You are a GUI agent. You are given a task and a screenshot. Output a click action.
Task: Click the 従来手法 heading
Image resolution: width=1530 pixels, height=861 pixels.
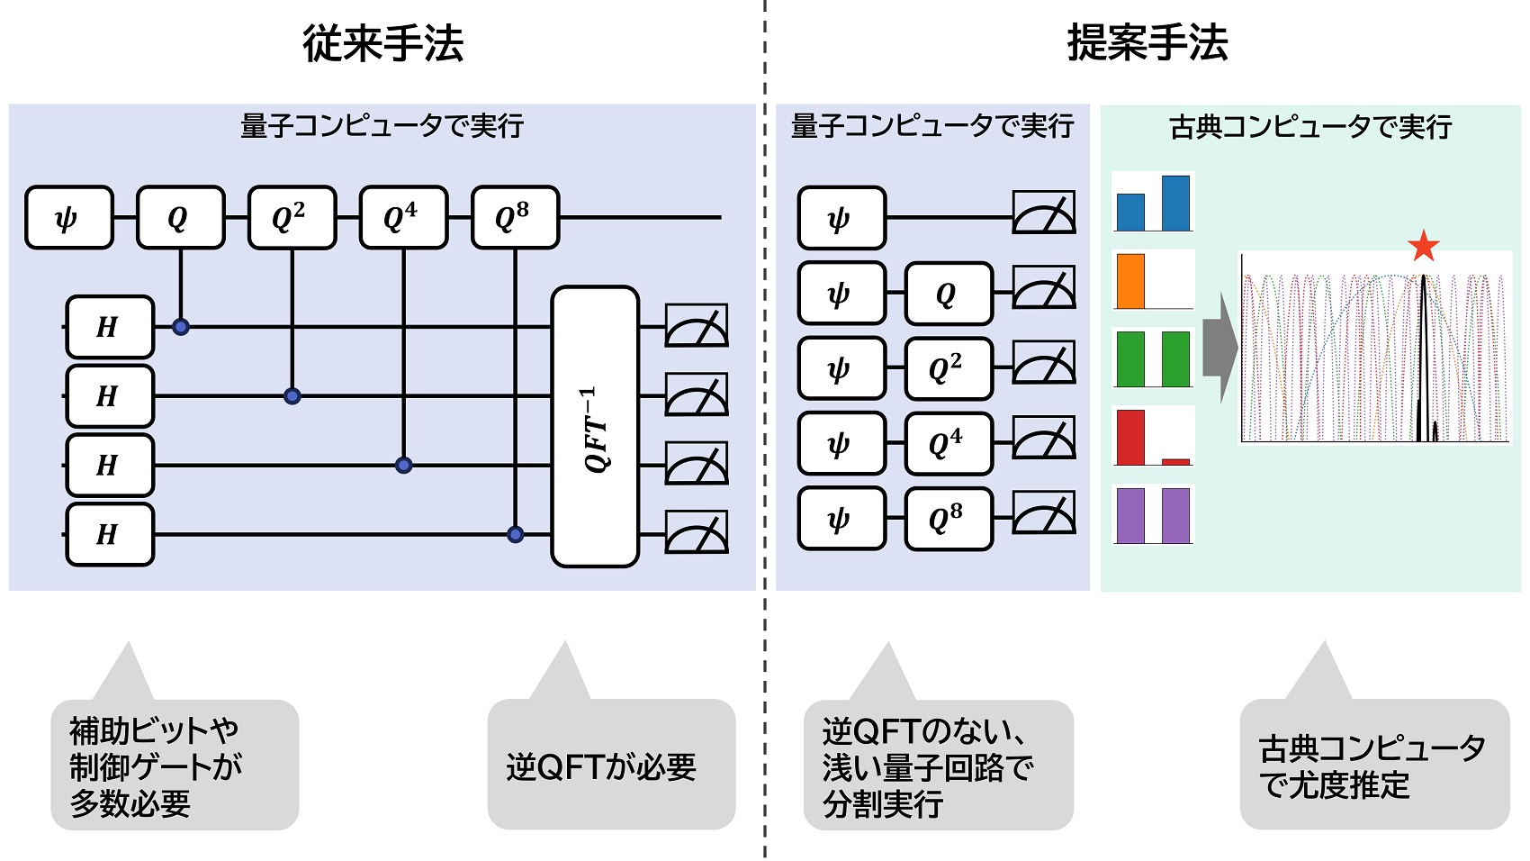coord(382,43)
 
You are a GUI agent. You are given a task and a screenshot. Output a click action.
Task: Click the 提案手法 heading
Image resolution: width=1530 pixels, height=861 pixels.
coord(1147,43)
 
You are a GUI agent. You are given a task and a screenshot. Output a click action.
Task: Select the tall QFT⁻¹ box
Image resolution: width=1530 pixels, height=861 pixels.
coord(595,427)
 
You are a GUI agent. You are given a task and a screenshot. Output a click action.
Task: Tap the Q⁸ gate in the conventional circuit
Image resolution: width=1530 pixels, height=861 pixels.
coord(515,217)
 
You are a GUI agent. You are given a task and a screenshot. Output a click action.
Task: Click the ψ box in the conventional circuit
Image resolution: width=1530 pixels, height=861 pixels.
coord(69,217)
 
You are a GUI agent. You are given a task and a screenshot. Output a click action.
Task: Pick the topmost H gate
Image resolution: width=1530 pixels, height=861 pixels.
coord(110,326)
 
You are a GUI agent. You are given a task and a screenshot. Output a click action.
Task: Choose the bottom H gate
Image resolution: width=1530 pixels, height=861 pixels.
coord(110,534)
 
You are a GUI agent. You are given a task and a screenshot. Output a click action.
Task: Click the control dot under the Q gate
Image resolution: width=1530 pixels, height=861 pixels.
coord(181,327)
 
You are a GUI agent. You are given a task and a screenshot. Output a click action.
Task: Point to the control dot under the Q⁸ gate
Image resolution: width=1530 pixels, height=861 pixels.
coord(515,534)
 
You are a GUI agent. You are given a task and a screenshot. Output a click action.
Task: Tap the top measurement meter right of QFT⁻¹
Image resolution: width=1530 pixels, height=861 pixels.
coord(696,326)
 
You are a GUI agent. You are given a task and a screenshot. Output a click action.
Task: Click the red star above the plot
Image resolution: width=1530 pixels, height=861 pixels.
coord(1423,246)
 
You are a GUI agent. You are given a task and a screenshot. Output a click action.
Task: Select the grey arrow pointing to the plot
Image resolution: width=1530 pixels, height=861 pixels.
coord(1219,347)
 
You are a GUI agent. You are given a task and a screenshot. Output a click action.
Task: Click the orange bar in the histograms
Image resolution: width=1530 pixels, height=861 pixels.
coord(1130,281)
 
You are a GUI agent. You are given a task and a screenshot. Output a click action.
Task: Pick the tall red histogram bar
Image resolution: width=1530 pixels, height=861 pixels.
coord(1130,437)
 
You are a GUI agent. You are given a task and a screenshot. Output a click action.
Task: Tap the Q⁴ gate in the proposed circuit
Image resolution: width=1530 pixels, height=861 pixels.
coord(948,443)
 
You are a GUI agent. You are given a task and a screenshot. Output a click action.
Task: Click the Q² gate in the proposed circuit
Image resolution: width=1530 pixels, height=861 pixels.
coord(948,368)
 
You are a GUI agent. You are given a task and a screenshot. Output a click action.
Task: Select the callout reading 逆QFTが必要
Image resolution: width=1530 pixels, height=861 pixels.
coord(610,766)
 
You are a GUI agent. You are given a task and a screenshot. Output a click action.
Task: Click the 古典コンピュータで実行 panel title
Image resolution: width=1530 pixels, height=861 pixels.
coord(1309,127)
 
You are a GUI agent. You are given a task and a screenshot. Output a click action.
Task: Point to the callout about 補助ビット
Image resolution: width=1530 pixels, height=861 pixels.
coord(174,766)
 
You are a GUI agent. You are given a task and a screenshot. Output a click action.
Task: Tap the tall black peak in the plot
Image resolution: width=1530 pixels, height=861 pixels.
coord(1423,360)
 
